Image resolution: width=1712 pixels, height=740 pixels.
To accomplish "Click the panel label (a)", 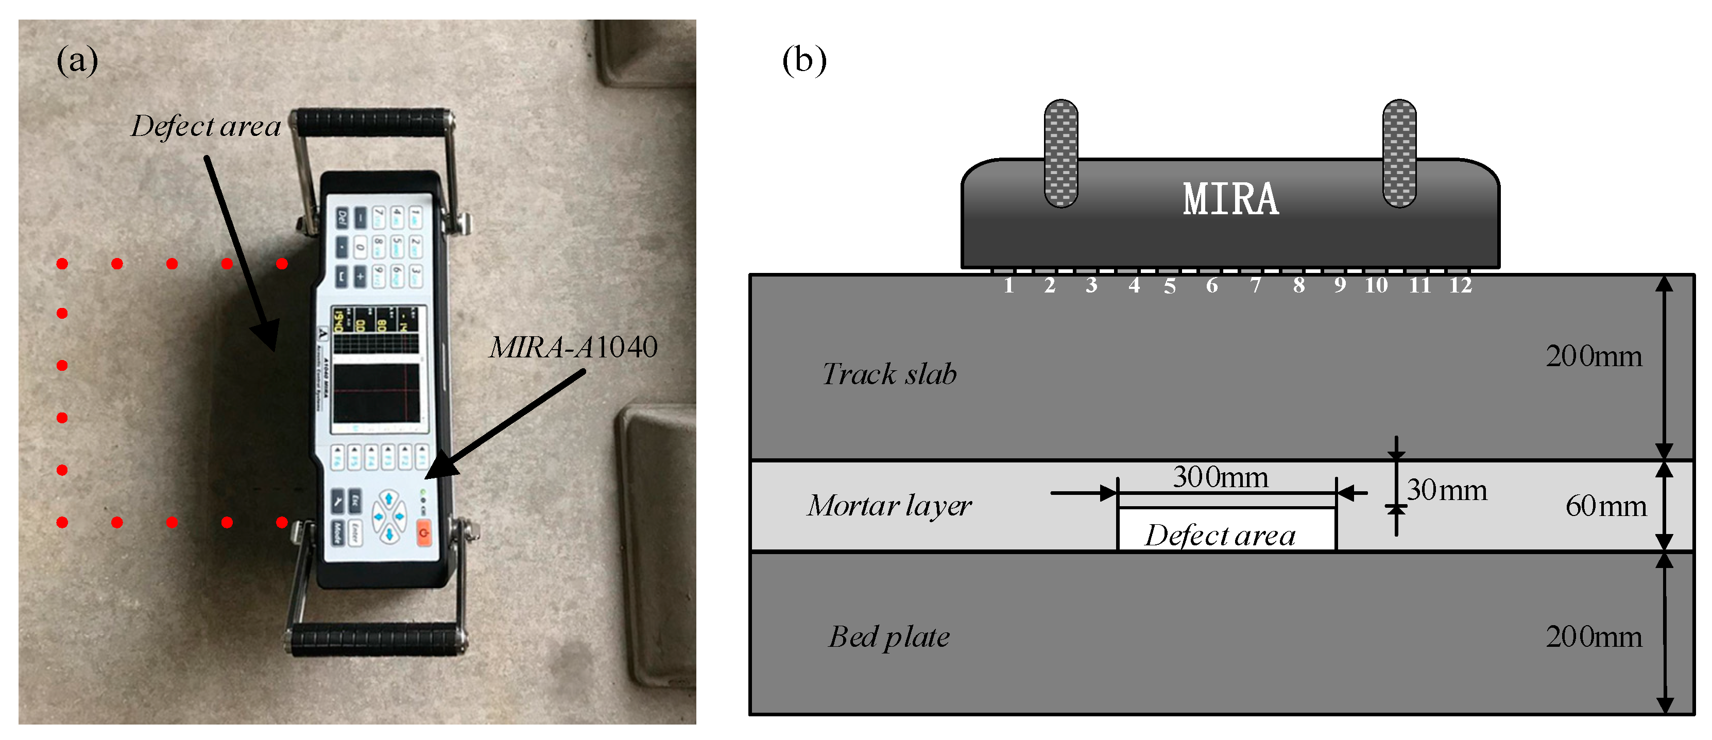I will tap(77, 61).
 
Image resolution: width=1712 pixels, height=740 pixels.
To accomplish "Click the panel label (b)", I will tap(803, 61).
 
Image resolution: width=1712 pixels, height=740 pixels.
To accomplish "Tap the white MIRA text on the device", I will tap(1230, 199).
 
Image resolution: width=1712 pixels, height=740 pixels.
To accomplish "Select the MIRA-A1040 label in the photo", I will tap(573, 347).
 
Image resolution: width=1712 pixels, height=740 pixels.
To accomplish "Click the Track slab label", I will tap(889, 374).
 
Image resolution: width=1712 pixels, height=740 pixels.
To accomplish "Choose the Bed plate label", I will tap(889, 637).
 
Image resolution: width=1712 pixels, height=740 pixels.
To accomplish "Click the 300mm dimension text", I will tap(1220, 477).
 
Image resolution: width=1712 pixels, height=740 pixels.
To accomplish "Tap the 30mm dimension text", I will tap(1447, 490).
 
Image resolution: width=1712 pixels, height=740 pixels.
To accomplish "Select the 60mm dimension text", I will tap(1606, 506).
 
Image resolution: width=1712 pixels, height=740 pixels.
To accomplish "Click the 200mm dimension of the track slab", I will tap(1593, 357).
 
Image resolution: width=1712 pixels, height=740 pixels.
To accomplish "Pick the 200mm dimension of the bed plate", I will tap(1593, 637).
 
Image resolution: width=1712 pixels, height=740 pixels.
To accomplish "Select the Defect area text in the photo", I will tap(206, 126).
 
